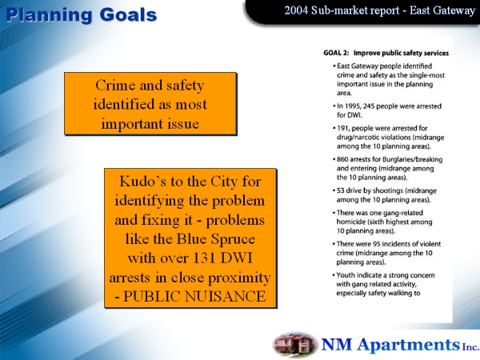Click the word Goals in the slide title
coord(128,15)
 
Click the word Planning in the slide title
coord(49,16)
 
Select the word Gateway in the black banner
coord(458,11)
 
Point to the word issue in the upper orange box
coord(183,124)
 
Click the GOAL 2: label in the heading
coord(336,53)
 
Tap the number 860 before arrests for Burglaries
coord(342,159)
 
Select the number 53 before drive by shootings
coord(341,190)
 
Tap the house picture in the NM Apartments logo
coord(295,344)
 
